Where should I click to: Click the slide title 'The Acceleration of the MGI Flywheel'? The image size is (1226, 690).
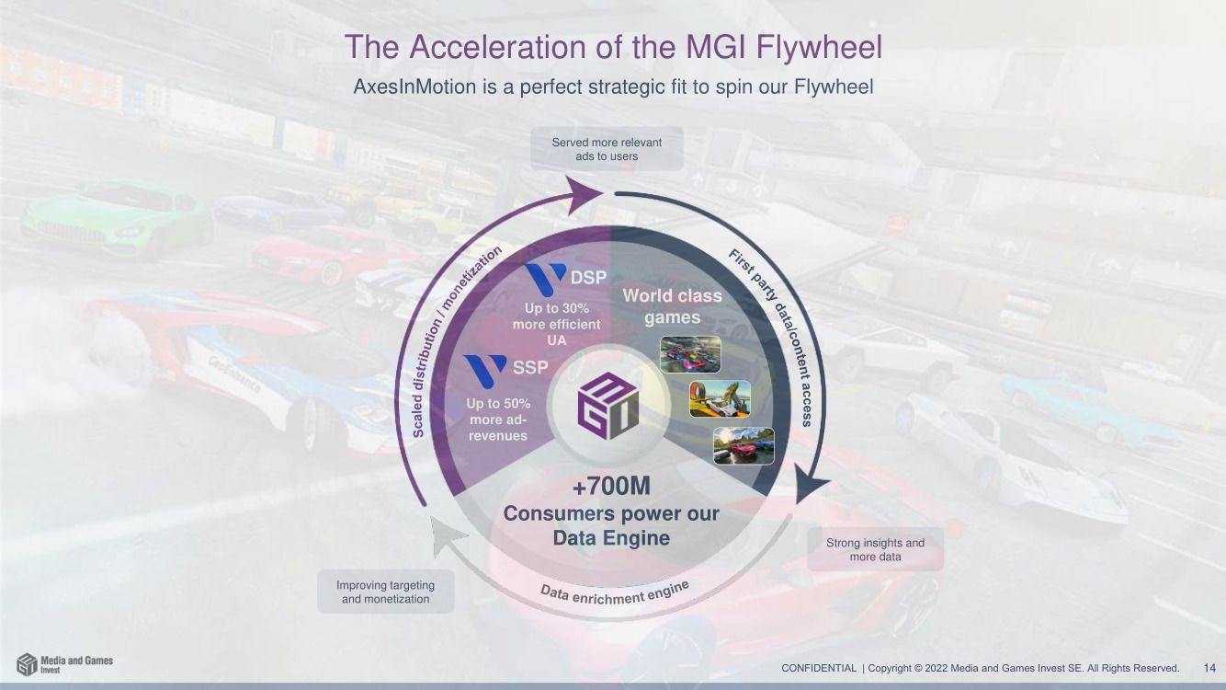coord(613,47)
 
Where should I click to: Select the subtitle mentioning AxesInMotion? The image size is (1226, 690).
coord(613,87)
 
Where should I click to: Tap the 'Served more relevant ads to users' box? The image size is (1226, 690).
coord(607,149)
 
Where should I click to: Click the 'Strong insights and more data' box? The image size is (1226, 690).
coord(875,549)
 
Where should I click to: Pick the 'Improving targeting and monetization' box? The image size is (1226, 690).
coord(385,592)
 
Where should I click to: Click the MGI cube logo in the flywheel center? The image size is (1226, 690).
coord(607,406)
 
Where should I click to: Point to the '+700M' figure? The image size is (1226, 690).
coord(611,487)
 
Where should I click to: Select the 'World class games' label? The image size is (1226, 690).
coord(672,306)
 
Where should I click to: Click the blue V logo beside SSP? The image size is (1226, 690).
coord(484,370)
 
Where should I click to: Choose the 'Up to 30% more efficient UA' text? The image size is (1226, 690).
coord(556,324)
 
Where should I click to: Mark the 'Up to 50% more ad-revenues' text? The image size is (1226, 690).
coord(498,420)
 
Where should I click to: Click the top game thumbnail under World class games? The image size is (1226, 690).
coord(690,354)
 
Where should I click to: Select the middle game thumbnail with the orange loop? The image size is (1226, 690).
coord(720,398)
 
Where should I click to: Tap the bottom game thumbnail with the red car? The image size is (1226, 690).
coord(744,445)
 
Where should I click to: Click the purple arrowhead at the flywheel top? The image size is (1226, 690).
coord(582,194)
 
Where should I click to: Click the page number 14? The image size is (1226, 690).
coord(1209,668)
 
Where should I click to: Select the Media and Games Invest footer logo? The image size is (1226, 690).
coord(64,664)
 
